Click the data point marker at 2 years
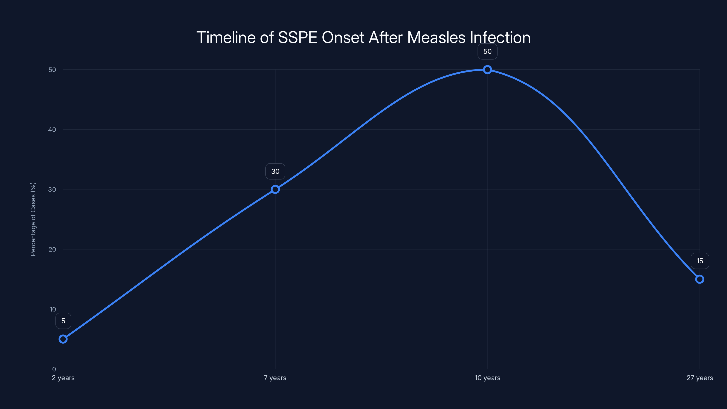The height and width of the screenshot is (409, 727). click(x=63, y=339)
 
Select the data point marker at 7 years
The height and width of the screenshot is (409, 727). click(x=275, y=190)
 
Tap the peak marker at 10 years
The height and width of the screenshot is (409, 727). click(x=487, y=70)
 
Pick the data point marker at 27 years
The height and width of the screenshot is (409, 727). click(x=700, y=279)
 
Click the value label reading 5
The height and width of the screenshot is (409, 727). click(x=63, y=321)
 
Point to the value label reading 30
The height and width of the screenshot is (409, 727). click(x=275, y=171)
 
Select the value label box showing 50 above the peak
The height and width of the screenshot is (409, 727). click(x=487, y=52)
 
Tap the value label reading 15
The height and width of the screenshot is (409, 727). click(x=700, y=261)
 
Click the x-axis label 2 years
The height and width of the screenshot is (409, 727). click(x=63, y=378)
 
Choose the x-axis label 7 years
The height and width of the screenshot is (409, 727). click(x=275, y=378)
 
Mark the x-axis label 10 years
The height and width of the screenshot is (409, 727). click(x=487, y=378)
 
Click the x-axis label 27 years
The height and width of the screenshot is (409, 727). click(x=700, y=378)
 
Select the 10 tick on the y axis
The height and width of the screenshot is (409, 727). click(x=53, y=309)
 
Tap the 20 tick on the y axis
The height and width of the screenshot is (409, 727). click(x=52, y=249)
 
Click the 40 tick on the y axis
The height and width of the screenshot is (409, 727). click(x=52, y=130)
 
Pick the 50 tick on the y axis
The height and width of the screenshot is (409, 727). click(x=52, y=70)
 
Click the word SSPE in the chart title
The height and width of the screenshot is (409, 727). click(x=298, y=37)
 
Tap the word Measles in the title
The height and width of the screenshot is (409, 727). click(x=436, y=37)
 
